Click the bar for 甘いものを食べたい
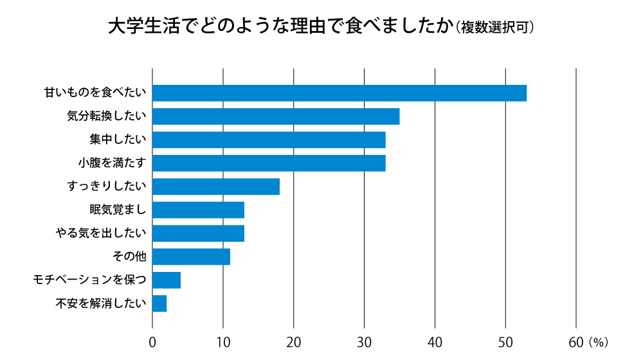[x=340, y=93]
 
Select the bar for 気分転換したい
[x=276, y=116]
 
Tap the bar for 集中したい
[x=269, y=139]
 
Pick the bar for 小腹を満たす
[x=269, y=163]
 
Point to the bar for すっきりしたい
[x=216, y=186]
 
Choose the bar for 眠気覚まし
[x=198, y=210]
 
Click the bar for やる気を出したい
[x=198, y=233]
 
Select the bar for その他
[x=191, y=256]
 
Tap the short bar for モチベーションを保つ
[x=167, y=280]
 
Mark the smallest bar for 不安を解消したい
[x=159, y=303]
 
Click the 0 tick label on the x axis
[x=152, y=341]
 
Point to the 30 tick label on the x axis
[x=365, y=341]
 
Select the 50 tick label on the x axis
[x=506, y=341]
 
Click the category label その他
[x=129, y=257]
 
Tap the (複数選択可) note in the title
[x=494, y=28]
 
